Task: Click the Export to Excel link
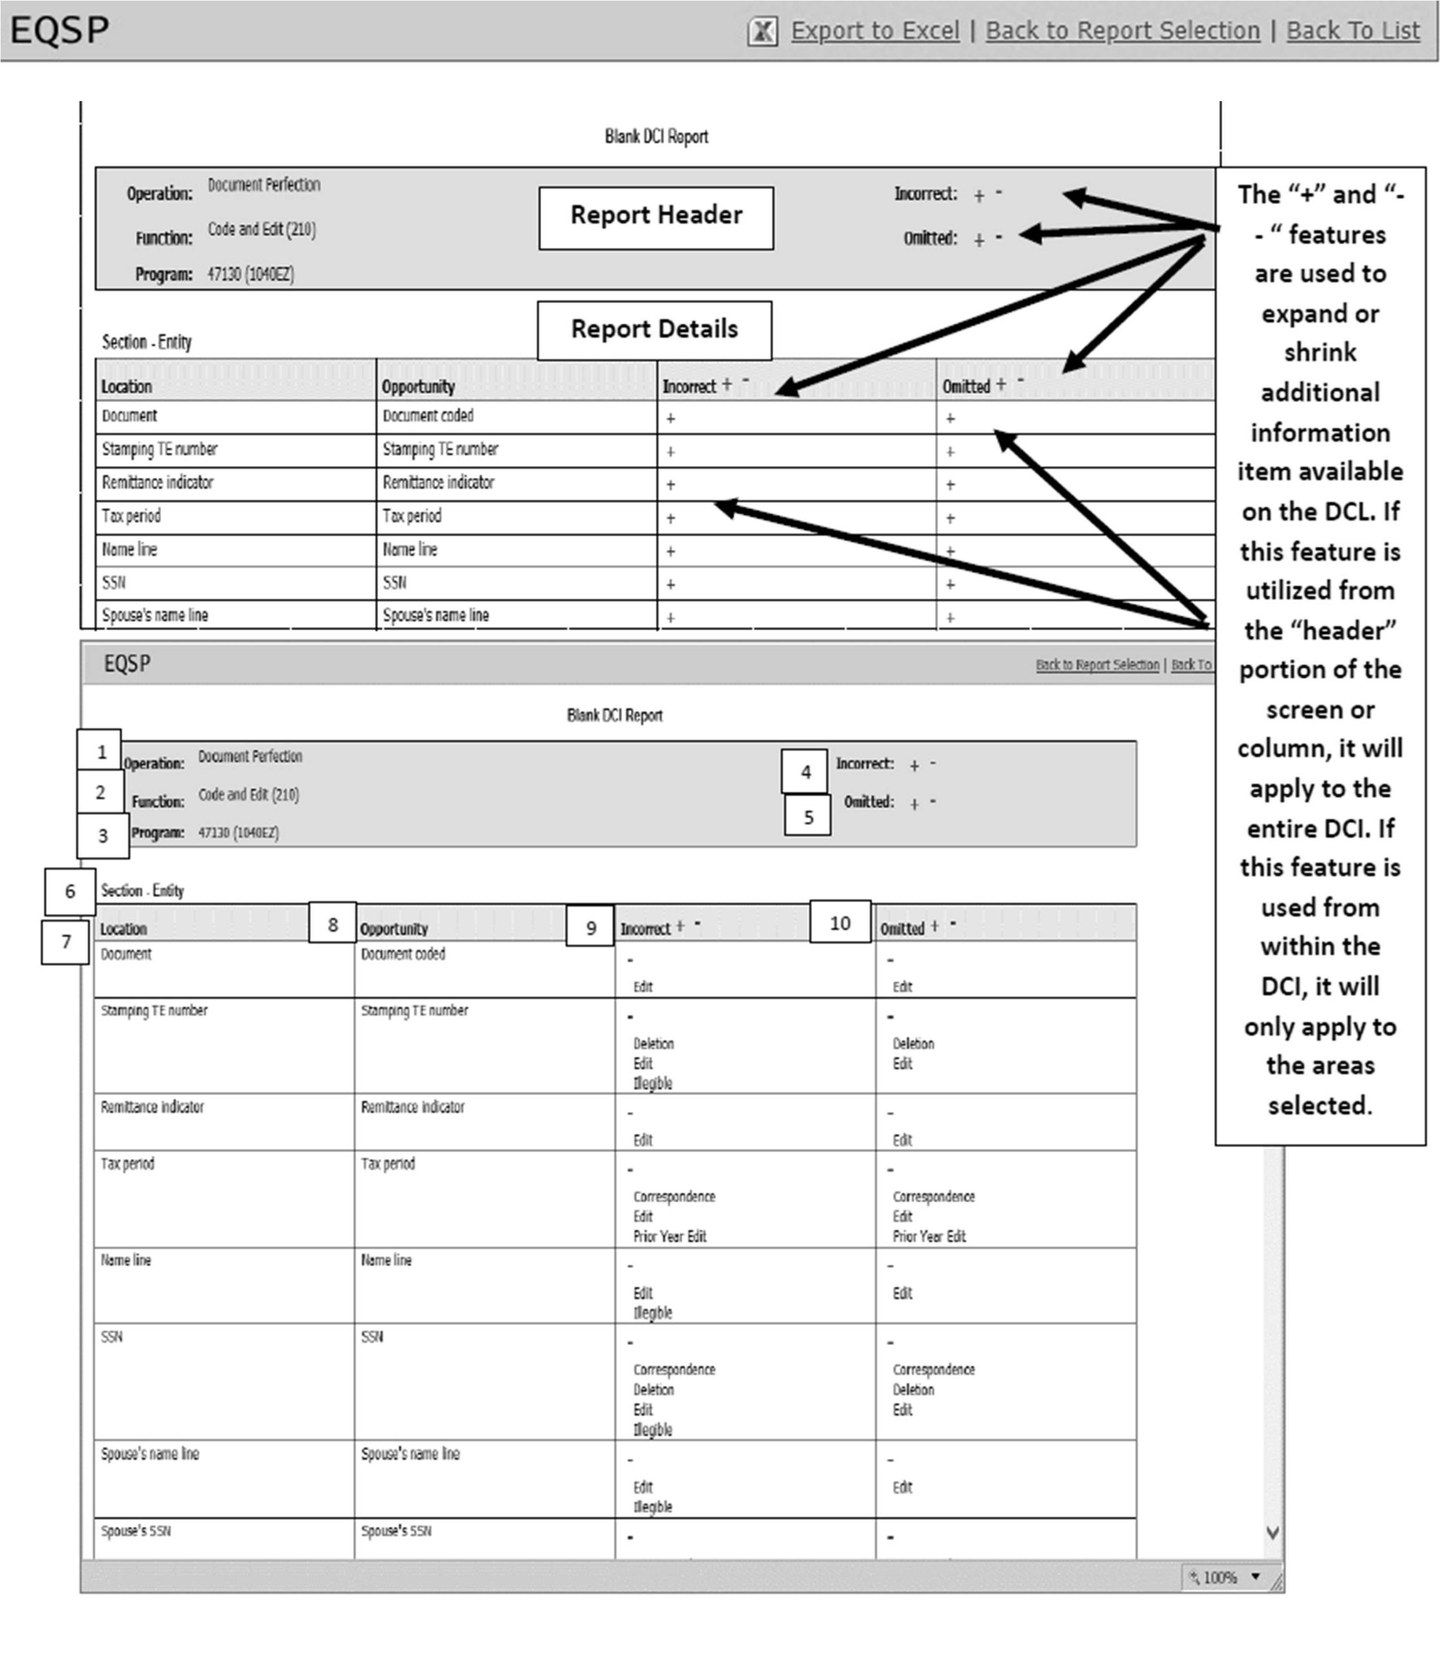click(875, 31)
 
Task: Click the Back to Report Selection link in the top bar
click(1122, 31)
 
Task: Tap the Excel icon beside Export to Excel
click(762, 32)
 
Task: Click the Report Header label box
click(656, 217)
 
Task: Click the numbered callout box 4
click(805, 771)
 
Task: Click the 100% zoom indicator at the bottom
click(1221, 1576)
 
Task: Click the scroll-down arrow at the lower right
click(1272, 1532)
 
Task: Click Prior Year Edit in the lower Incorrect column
click(670, 1236)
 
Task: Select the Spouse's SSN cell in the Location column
click(136, 1530)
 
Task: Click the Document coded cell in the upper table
click(428, 416)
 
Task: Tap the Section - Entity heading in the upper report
click(146, 342)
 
